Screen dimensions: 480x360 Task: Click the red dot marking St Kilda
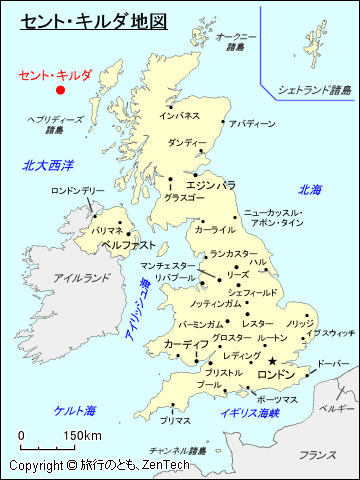[x=60, y=90]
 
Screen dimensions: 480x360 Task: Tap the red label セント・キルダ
[x=55, y=75]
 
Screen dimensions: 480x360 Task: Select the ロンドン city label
[x=277, y=374]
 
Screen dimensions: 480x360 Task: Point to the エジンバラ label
[x=211, y=185]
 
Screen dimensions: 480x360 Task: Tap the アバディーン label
[x=251, y=124]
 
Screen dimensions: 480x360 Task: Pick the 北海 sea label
[x=310, y=190]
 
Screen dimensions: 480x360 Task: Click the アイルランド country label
[x=74, y=277]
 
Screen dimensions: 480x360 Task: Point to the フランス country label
[x=317, y=455]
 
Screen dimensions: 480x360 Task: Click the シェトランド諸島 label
[x=315, y=90]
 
